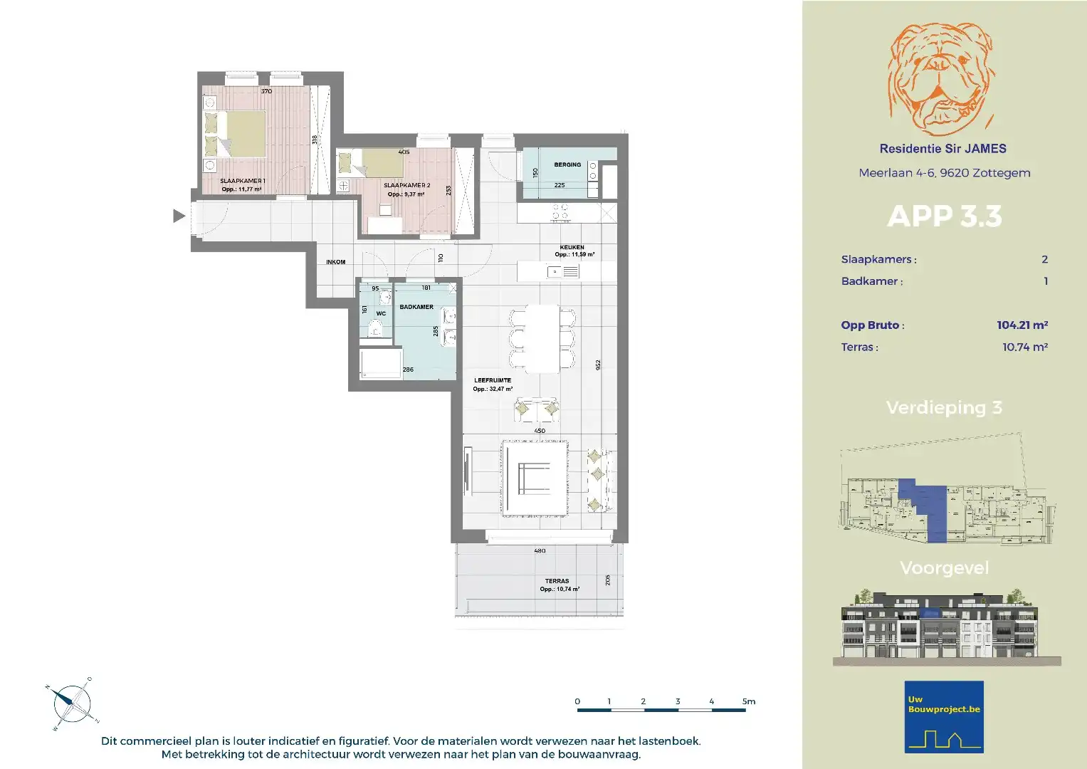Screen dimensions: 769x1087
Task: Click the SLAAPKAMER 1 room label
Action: click(242, 181)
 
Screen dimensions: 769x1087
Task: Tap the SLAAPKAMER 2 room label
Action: click(406, 185)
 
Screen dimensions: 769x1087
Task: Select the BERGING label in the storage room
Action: click(567, 164)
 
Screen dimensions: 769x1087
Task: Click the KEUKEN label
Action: click(572, 248)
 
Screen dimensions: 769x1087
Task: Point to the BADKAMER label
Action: click(416, 307)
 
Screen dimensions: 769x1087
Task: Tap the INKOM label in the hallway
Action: click(335, 262)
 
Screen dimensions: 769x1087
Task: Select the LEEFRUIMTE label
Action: click(493, 380)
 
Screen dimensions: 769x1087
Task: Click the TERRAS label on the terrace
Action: click(557, 581)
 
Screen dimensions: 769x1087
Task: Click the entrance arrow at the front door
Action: click(179, 216)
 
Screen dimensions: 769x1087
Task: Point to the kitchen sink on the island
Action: click(555, 271)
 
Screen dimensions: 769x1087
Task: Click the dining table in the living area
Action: click(542, 338)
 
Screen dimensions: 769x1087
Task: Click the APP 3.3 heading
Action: click(944, 216)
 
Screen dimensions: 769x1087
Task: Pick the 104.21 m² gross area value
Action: click(1022, 325)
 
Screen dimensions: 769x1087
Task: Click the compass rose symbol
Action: click(72, 703)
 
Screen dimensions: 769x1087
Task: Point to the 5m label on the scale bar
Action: click(748, 701)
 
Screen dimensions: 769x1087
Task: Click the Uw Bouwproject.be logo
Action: click(944, 717)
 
